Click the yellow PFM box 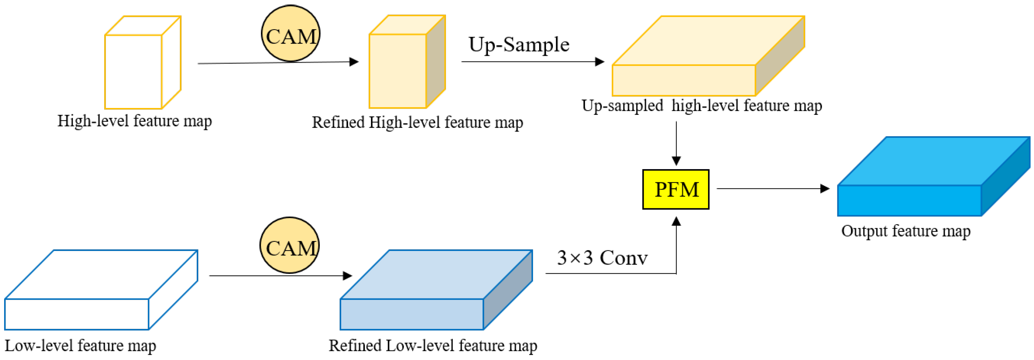pos(676,189)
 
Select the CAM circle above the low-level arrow pos(290,245)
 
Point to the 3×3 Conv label pos(602,258)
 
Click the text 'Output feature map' pos(905,231)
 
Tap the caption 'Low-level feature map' pos(80,346)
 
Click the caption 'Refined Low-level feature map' pos(433,346)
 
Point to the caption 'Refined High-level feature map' pos(417,122)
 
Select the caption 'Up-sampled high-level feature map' pos(701,106)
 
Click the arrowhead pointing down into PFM pos(676,161)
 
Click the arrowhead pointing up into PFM pos(676,221)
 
